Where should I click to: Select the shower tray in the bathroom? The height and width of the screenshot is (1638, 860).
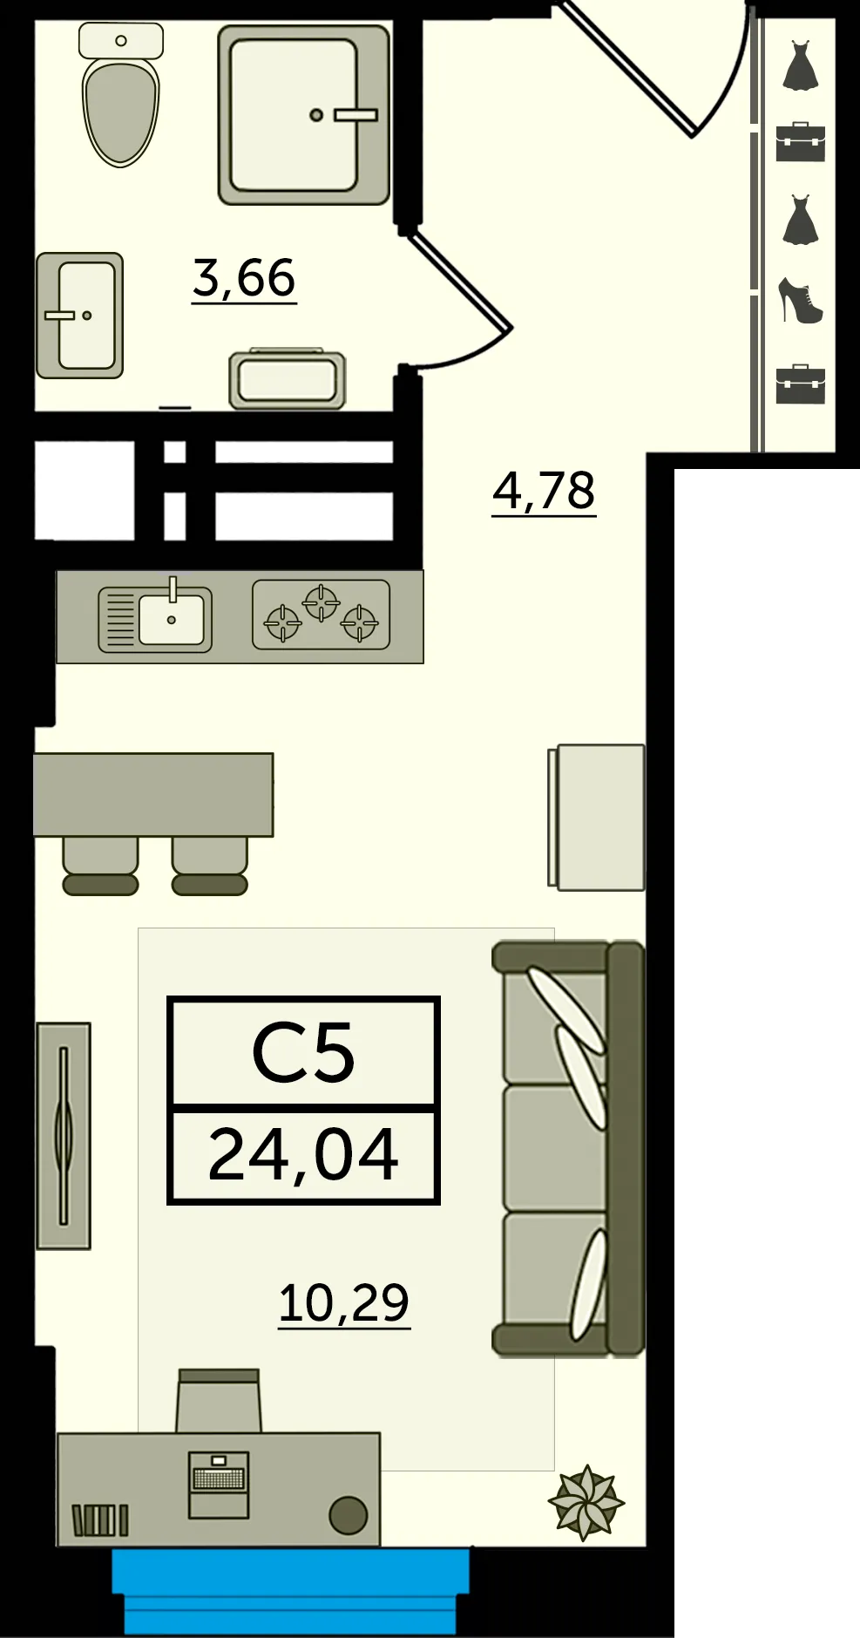pyautogui.click(x=303, y=114)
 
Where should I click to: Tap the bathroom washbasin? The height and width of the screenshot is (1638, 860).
pyautogui.click(x=79, y=316)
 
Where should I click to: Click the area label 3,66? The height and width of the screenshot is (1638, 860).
pyautogui.click(x=244, y=278)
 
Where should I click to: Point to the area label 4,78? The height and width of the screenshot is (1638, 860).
pyautogui.click(x=544, y=491)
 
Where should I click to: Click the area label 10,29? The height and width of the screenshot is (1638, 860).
pyautogui.click(x=343, y=1303)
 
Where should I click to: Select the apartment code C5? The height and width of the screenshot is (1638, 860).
pyautogui.click(x=303, y=1053)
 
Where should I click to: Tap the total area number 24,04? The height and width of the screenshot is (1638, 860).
pyautogui.click(x=303, y=1154)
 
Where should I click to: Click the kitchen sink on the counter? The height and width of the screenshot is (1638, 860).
pyautogui.click(x=155, y=619)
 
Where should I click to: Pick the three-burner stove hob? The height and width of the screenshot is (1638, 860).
pyautogui.click(x=321, y=615)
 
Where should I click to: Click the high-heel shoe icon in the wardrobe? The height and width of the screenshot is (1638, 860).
pyautogui.click(x=801, y=301)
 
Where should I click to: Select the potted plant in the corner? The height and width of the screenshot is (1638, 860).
pyautogui.click(x=586, y=1502)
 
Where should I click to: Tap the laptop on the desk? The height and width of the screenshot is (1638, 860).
pyautogui.click(x=219, y=1485)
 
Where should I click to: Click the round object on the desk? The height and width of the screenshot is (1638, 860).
pyautogui.click(x=348, y=1515)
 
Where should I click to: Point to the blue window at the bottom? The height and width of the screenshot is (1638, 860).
pyautogui.click(x=291, y=1590)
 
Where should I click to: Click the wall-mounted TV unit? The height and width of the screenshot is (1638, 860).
pyautogui.click(x=64, y=1136)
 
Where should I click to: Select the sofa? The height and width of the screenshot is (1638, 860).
pyautogui.click(x=569, y=1149)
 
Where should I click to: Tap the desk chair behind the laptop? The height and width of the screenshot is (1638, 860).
pyautogui.click(x=218, y=1400)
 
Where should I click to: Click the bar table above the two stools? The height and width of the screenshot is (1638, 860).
pyautogui.click(x=153, y=795)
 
